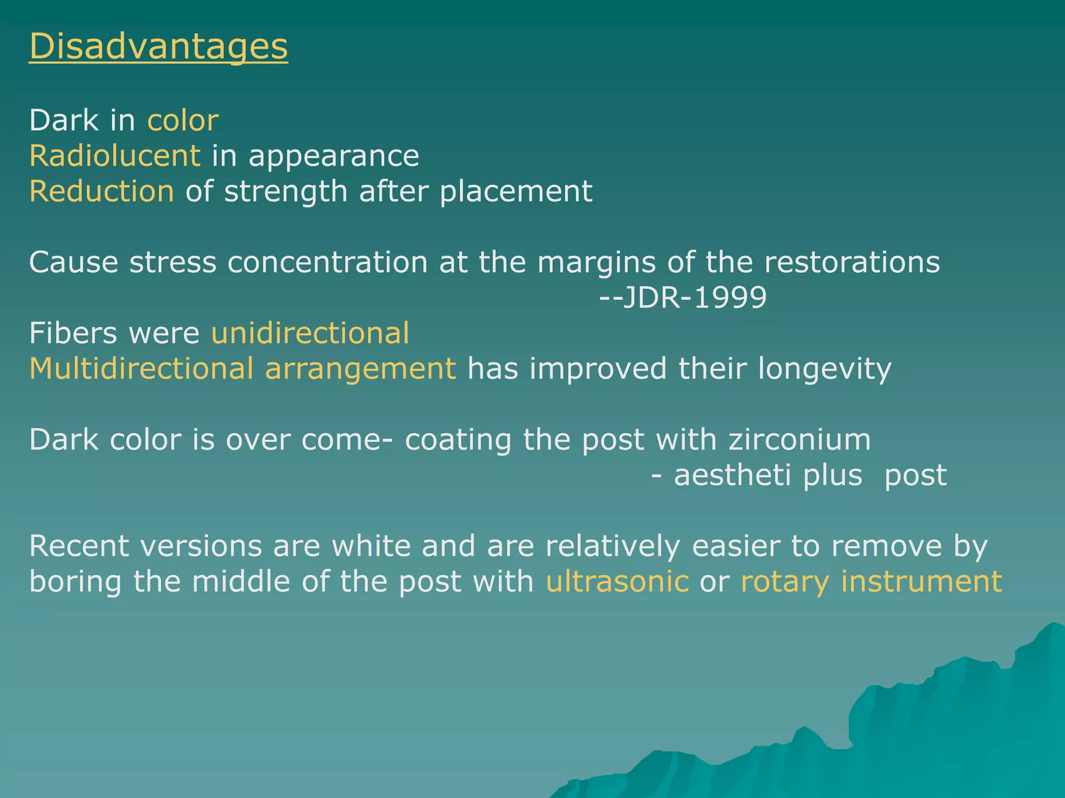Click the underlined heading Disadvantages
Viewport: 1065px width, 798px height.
pos(158,47)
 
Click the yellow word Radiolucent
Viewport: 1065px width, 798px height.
pos(115,156)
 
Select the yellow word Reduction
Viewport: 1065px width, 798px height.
pos(102,191)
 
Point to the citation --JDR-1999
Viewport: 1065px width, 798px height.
pos(683,298)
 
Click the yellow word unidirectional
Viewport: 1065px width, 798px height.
pos(310,333)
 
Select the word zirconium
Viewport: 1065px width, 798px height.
pos(799,440)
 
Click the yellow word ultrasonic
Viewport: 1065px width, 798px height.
pos(617,581)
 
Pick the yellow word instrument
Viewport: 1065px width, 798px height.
pos(921,581)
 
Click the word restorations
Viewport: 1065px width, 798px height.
pos(852,262)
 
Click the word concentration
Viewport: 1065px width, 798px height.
pos(328,262)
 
